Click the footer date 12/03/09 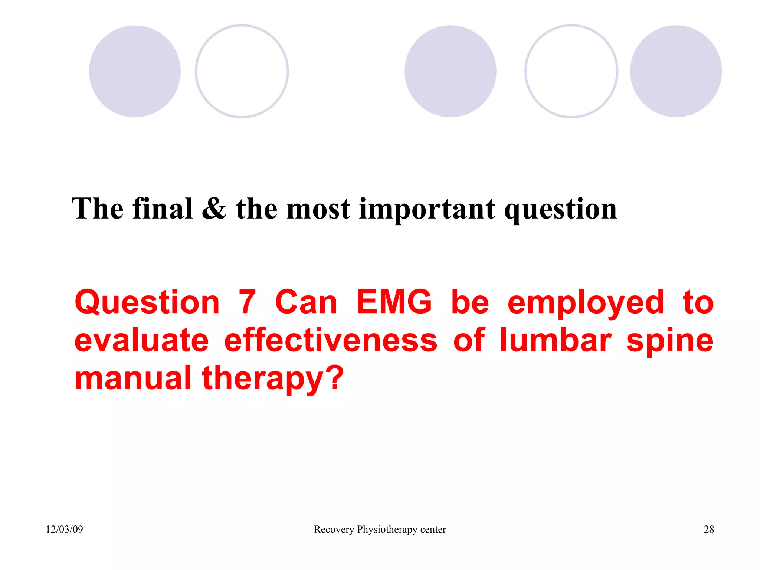64,529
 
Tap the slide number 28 708,529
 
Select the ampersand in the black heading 214,209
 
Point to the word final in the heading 163,209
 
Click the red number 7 247,302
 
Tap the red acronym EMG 394,302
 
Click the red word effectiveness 331,340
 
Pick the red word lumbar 556,340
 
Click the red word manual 133,378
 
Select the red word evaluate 141,340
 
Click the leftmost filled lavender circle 135,71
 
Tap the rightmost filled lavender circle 676,71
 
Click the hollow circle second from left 242,71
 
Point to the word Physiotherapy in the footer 387,530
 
